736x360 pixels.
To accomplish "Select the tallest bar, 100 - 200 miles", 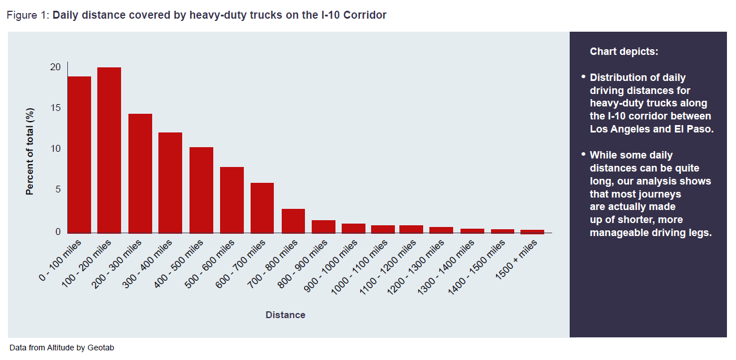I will point(109,150).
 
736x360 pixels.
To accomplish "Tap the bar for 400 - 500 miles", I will point(201,190).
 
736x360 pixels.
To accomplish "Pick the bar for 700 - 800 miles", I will point(293,221).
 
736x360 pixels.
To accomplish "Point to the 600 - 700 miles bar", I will point(262,208).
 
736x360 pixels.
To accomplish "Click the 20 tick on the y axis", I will point(55,67).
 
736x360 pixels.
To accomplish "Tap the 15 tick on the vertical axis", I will point(55,108).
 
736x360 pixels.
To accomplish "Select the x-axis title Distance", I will point(285,315).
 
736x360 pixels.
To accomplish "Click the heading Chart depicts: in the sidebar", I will point(624,52).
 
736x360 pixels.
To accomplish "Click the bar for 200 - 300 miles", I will point(140,173).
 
